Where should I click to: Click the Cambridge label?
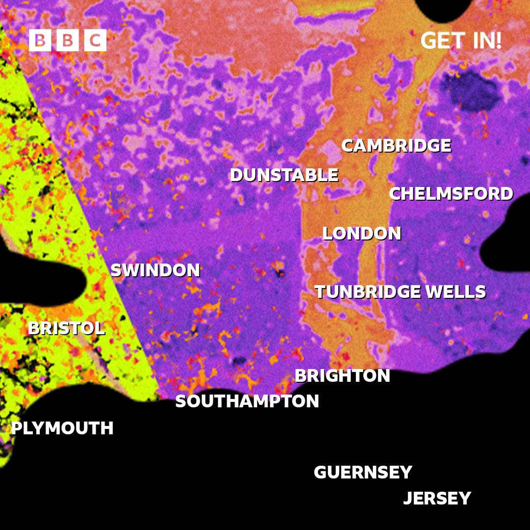[396, 146]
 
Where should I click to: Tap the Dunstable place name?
[284, 175]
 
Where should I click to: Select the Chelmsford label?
[451, 194]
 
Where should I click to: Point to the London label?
[362, 234]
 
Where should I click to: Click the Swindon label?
[155, 270]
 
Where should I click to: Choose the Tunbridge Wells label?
[400, 292]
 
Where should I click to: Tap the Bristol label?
[66, 328]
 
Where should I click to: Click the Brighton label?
[342, 376]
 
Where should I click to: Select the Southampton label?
[247, 401]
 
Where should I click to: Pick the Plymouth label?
[62, 428]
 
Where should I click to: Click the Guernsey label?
[363, 473]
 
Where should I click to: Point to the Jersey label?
[437, 499]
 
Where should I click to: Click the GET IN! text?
[461, 41]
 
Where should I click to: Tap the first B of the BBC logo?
[40, 40]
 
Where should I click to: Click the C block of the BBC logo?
[95, 40]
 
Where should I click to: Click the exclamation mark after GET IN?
[498, 41]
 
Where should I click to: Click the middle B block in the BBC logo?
[68, 40]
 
